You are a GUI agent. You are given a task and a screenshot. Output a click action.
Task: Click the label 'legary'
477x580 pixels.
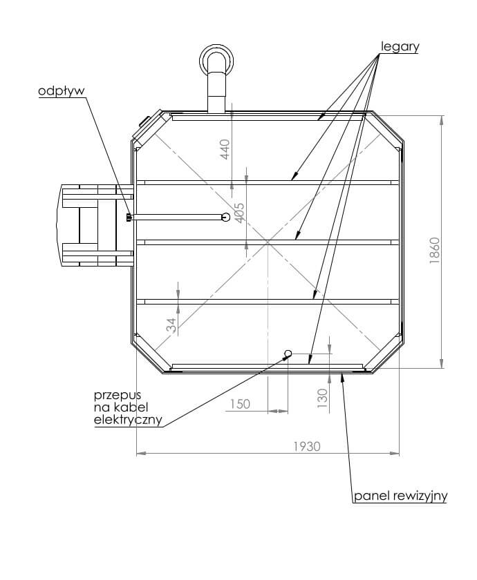coord(400,47)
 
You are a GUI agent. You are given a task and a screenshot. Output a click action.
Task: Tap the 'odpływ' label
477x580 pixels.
coord(62,91)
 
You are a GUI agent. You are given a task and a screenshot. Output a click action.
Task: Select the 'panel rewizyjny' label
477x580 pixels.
coord(401,496)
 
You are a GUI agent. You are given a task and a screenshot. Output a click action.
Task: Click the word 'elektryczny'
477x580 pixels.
coord(128,420)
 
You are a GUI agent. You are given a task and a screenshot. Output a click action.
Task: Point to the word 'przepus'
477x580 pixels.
coord(118,395)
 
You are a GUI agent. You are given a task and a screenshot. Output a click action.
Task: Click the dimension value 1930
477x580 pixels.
coord(307,447)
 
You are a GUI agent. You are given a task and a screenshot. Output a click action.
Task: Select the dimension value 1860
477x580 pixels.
coord(435,251)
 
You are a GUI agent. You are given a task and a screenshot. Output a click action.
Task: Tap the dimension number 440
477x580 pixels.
coord(225,149)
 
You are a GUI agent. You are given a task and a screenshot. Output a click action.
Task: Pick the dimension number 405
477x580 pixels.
coord(240,213)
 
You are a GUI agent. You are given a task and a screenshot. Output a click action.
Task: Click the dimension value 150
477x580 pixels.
coord(240,404)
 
